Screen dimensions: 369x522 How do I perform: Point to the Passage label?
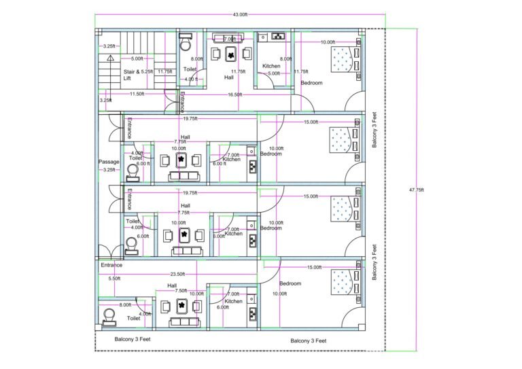click(x=109, y=162)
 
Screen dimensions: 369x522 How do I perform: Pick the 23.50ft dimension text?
click(x=177, y=275)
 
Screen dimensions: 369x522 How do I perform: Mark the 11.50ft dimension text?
click(x=136, y=94)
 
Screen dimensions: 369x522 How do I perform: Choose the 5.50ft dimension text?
click(x=114, y=278)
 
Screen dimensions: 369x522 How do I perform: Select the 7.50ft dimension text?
click(x=181, y=290)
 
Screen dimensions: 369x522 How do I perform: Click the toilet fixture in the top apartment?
click(x=185, y=43)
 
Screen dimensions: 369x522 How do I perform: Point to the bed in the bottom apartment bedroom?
click(x=343, y=283)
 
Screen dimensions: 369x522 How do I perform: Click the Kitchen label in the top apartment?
click(x=271, y=66)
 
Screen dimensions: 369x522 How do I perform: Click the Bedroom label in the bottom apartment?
click(x=290, y=283)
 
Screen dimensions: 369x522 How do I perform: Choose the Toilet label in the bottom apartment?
click(x=133, y=317)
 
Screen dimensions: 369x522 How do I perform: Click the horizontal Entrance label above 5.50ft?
click(x=111, y=265)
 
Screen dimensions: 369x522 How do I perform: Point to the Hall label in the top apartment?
click(x=229, y=77)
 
